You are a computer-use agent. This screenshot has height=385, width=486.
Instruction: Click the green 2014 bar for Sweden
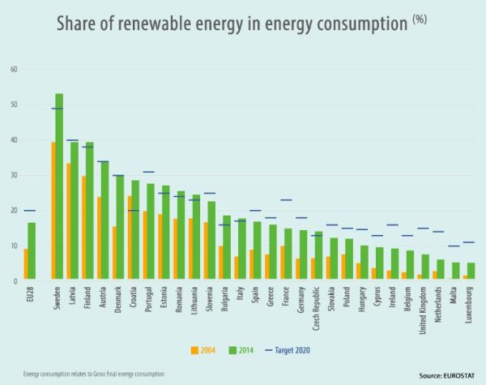[59, 187]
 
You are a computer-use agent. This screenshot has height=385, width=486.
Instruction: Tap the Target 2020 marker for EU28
[29, 210]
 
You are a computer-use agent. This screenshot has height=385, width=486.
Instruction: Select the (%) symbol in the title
[420, 19]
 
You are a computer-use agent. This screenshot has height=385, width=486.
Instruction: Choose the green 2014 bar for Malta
[455, 272]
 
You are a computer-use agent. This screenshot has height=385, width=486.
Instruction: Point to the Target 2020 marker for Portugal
[149, 172]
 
